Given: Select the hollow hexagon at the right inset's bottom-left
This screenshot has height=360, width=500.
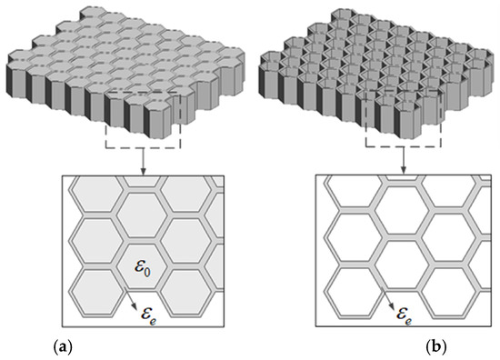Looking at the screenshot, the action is (x=342, y=291).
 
